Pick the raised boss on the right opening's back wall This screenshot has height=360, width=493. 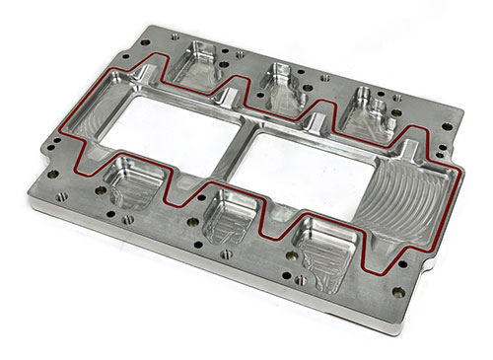point(317,122)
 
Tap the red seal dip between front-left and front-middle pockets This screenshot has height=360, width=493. point(179,193)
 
